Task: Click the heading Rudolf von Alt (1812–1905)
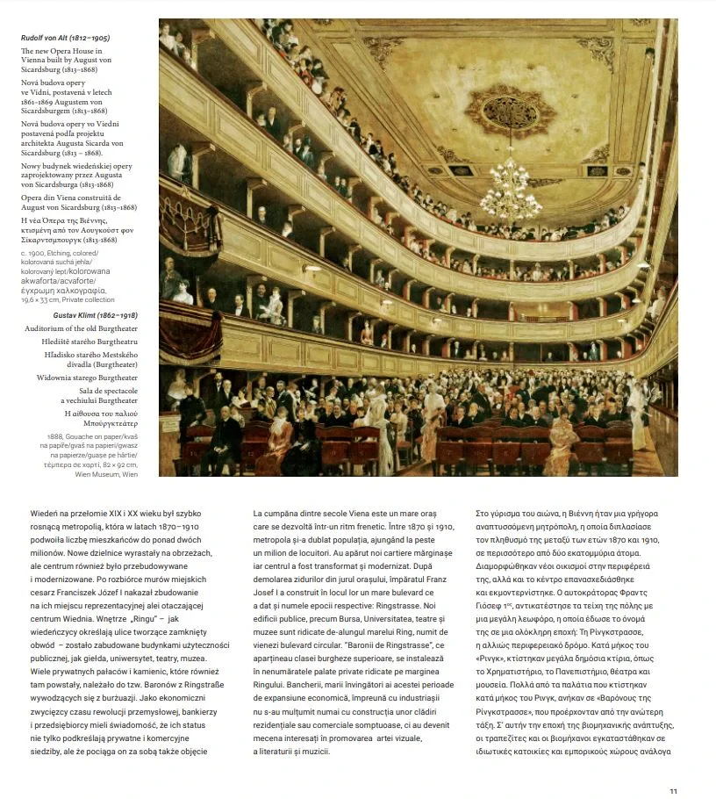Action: (x=66, y=38)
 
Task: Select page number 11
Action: (x=673, y=791)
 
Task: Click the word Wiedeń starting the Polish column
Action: (x=45, y=513)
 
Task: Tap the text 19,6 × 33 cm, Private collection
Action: (x=68, y=299)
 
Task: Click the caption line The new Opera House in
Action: (x=61, y=52)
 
